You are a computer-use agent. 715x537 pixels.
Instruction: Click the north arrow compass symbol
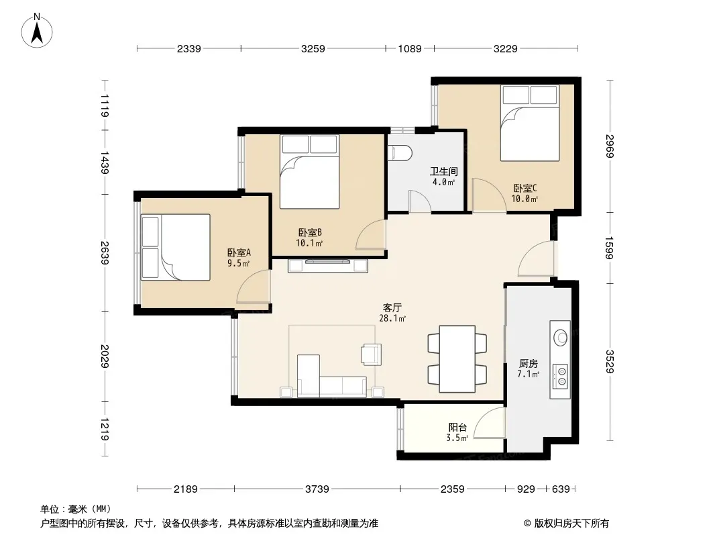pyautogui.click(x=37, y=31)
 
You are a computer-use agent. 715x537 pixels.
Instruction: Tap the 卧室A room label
pyautogui.click(x=239, y=252)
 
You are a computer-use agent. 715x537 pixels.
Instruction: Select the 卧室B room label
pyautogui.click(x=310, y=232)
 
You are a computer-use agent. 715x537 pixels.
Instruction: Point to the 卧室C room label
pyautogui.click(x=525, y=188)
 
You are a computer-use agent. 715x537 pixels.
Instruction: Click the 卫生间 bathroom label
pyautogui.click(x=443, y=171)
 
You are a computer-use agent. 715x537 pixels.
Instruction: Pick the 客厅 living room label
pyautogui.click(x=392, y=307)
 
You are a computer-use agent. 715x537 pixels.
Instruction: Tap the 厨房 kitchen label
pyautogui.click(x=528, y=364)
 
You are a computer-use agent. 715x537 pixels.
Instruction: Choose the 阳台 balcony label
pyautogui.click(x=457, y=428)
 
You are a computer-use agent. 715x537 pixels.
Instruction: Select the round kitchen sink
pyautogui.click(x=561, y=338)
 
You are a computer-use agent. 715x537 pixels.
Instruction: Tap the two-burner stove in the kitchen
pyautogui.click(x=561, y=376)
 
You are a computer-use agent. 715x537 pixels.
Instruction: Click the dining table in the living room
pyautogui.click(x=457, y=358)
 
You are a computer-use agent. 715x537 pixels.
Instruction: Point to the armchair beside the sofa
pyautogui.click(x=371, y=354)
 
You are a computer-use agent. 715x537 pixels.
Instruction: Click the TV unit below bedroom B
pyautogui.click(x=328, y=265)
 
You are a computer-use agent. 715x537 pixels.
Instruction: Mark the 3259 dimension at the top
pyautogui.click(x=313, y=48)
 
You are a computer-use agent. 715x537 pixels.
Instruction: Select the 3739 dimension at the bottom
pyautogui.click(x=317, y=489)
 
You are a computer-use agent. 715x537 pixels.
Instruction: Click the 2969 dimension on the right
pyautogui.click(x=610, y=146)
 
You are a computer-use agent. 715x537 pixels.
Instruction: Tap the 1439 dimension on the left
pyautogui.click(x=105, y=162)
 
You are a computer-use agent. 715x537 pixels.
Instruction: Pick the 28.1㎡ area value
pyautogui.click(x=392, y=318)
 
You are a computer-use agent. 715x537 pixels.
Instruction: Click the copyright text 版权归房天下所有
pyautogui.click(x=571, y=524)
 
